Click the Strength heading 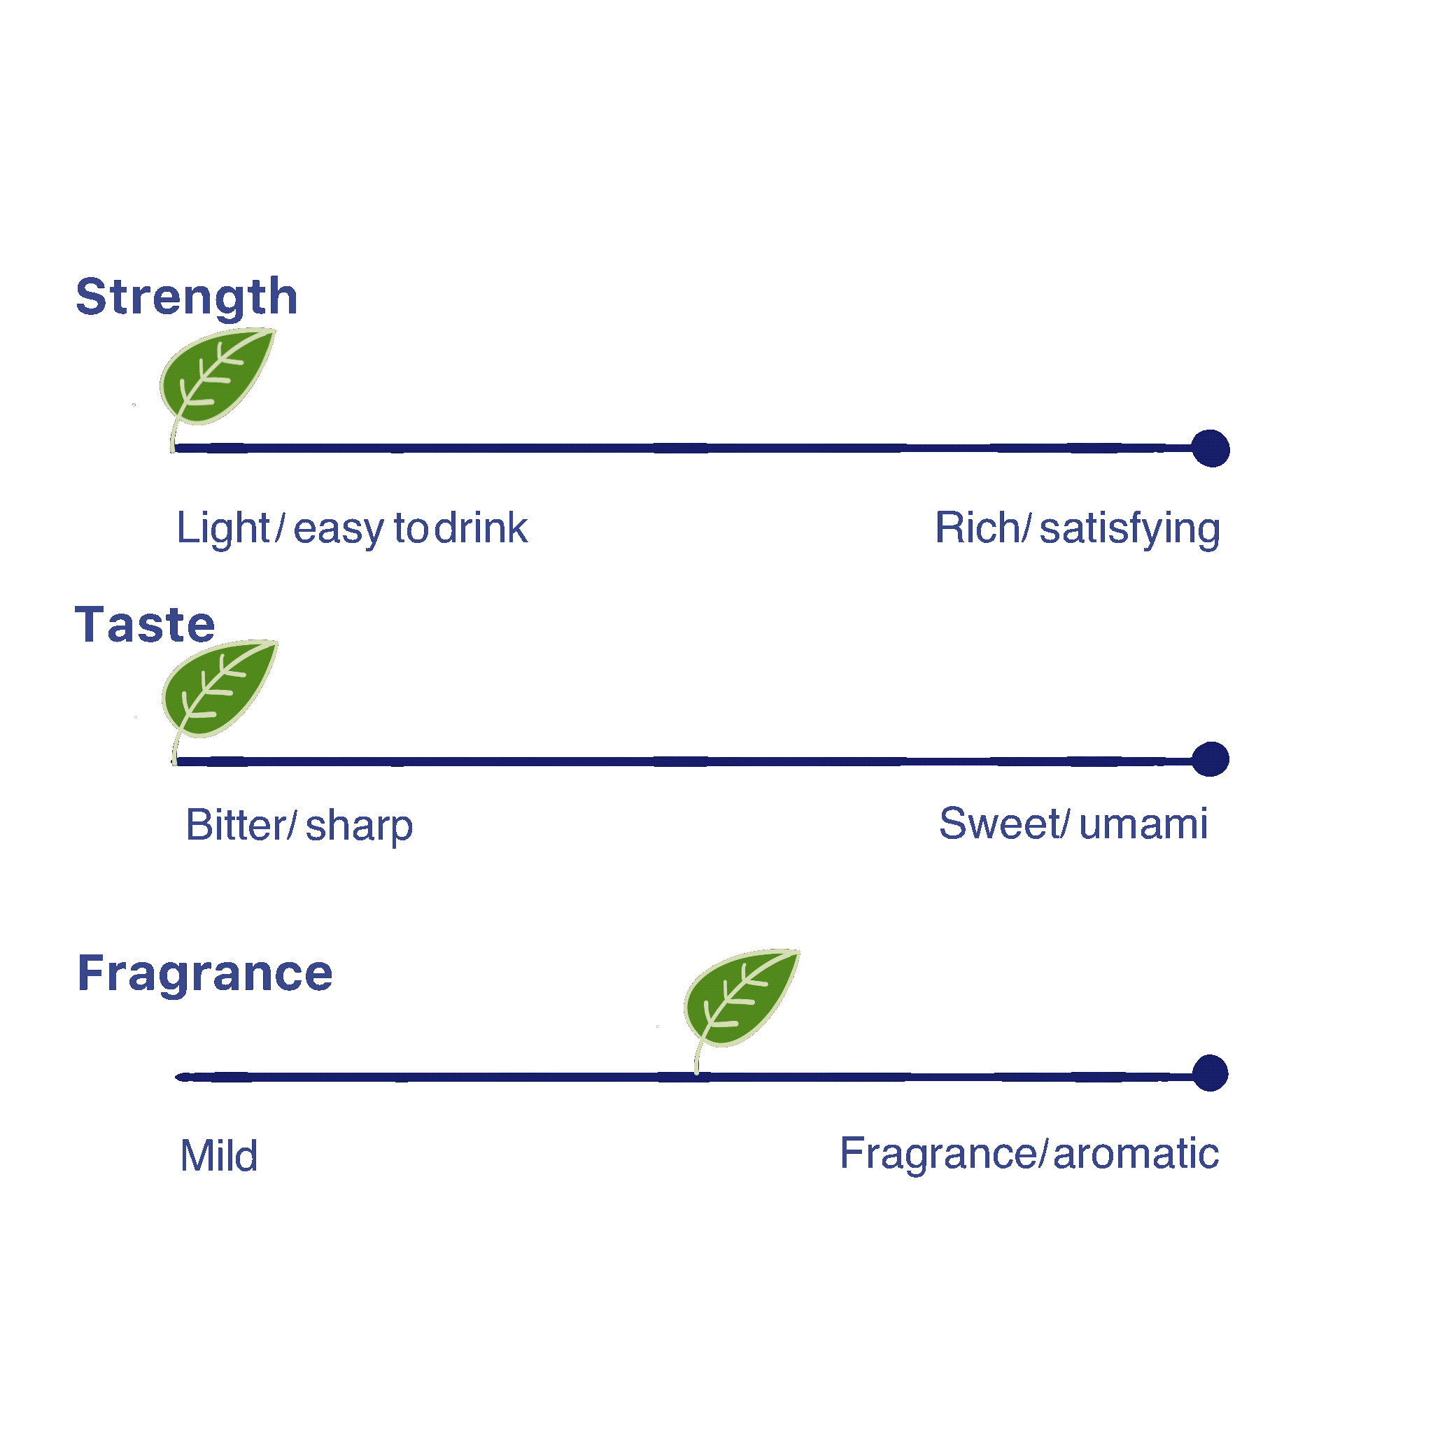tap(186, 297)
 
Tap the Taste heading tap(145, 625)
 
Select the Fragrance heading tap(205, 973)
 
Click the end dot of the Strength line tap(1210, 449)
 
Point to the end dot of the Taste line tap(1210, 759)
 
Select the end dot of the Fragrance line tap(1210, 1073)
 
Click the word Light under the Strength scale tap(223, 529)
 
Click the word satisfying tap(1129, 529)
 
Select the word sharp tap(359, 827)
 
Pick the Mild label tap(219, 1156)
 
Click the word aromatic tap(1136, 1154)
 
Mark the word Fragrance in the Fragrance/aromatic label tap(938, 1154)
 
